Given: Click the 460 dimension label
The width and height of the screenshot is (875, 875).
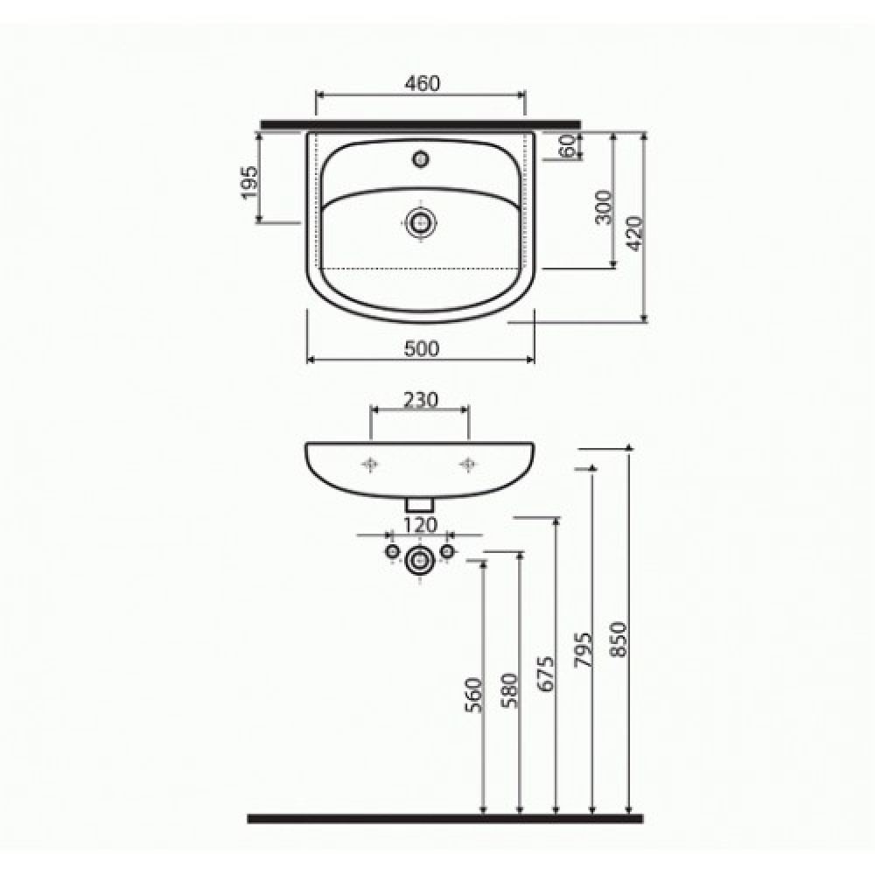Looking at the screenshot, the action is pos(422,84).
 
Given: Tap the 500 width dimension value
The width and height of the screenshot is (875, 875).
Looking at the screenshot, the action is pos(422,349).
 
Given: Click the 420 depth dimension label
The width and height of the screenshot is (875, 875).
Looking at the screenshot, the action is pos(635,234).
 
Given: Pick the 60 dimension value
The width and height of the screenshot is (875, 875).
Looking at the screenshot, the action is pos(567,146).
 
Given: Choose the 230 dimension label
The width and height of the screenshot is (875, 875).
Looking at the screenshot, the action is pos(421,400).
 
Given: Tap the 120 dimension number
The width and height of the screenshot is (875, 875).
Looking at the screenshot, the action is pos(420,525).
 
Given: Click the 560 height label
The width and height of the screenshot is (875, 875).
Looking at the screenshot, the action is pos(473,695).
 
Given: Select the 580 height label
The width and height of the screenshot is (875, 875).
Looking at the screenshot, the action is pos(509,690).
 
